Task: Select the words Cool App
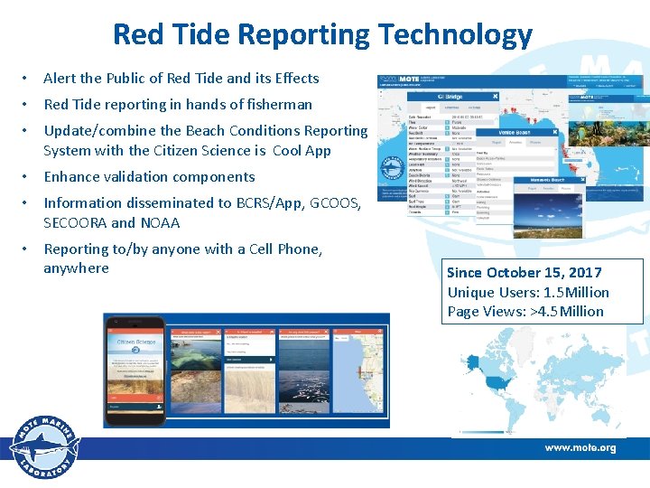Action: coord(302,151)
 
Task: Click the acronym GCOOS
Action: coord(335,203)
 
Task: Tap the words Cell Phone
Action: coord(278,249)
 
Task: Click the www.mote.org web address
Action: coord(580,448)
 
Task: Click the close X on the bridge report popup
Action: coord(495,96)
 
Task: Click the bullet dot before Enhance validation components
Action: coord(29,177)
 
